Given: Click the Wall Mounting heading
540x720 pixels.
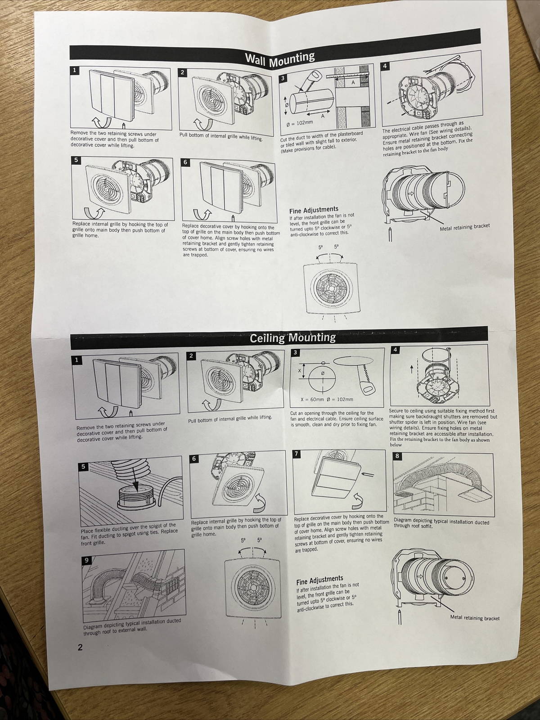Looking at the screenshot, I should tap(279, 58).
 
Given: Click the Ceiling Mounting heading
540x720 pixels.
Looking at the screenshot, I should tap(292, 337).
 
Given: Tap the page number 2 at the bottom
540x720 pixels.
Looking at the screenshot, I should tap(80, 648).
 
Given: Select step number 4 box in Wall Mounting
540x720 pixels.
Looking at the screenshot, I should tap(385, 66).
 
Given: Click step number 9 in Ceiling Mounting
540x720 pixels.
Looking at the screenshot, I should tap(86, 560).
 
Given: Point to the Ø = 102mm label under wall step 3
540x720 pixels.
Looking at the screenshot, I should tap(300, 122).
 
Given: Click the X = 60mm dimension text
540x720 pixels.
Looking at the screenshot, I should tap(311, 399).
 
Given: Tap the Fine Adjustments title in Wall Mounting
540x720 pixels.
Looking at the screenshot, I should tap(314, 210).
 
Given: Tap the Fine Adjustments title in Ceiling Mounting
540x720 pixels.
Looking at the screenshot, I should tap(319, 580).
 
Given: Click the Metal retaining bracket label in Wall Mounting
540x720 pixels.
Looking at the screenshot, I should tap(464, 226).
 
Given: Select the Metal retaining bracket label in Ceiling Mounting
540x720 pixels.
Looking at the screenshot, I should tap(475, 618).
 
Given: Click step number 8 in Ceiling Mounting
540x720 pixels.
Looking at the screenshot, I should tap(397, 456).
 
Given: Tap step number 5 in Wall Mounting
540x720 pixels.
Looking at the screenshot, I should tap(76, 160).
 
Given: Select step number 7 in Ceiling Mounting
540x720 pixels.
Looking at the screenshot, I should tap(296, 453).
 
